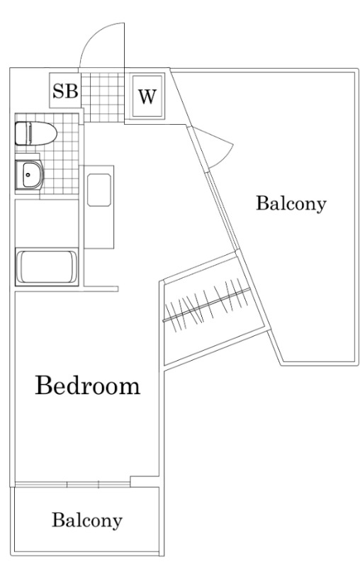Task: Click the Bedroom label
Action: (87, 386)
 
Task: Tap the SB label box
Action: (65, 91)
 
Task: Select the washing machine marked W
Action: (147, 96)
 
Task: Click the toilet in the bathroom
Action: (35, 133)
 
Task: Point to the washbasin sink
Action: (30, 175)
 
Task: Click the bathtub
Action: (47, 267)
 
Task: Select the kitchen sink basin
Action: (99, 190)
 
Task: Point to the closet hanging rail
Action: (206, 305)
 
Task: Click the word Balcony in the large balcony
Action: (291, 203)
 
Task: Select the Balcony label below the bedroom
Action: (87, 520)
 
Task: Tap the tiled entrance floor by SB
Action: (103, 97)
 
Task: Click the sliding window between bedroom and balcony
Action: (72, 484)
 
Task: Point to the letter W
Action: (147, 96)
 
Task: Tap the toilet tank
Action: (22, 133)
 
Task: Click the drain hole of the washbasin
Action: (28, 174)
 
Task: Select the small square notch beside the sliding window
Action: (145, 481)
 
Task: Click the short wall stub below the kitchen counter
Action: (101, 288)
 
